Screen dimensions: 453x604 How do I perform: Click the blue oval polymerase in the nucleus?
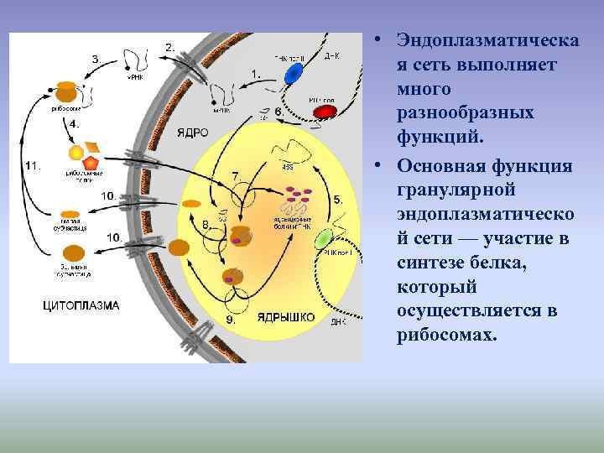294,73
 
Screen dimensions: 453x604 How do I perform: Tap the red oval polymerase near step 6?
324,111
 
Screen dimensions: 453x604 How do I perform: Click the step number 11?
33,166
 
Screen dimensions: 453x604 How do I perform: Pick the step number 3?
97,60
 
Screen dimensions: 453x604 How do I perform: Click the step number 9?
231,319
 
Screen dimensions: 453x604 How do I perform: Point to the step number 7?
236,175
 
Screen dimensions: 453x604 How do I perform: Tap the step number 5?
336,200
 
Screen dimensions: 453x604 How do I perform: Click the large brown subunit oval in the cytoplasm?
74,253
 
